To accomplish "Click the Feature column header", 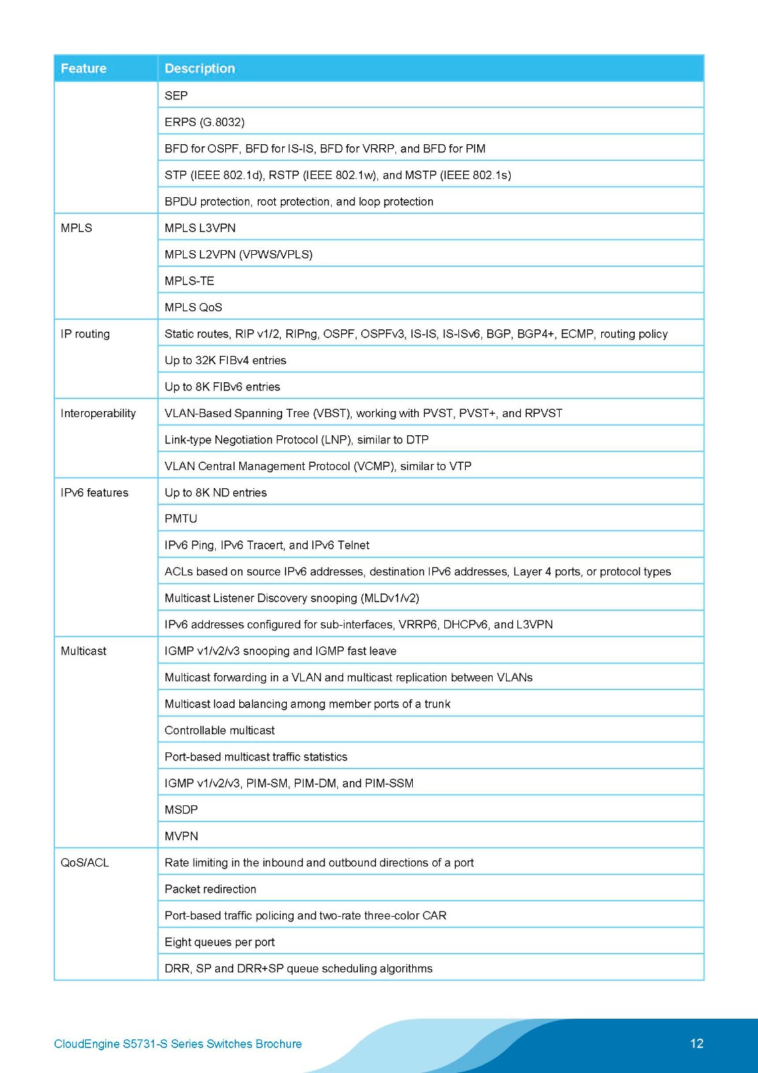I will click(x=84, y=68).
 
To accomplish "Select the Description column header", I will click(x=200, y=68).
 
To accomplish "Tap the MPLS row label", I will click(x=76, y=228).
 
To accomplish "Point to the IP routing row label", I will click(x=85, y=334).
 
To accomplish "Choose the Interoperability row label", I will click(x=98, y=413).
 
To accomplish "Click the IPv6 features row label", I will click(x=94, y=493).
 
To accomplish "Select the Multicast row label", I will click(x=84, y=651).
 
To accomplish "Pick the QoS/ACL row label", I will click(x=84, y=862).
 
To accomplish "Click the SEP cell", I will click(x=176, y=96).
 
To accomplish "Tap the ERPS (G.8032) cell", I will click(x=204, y=122).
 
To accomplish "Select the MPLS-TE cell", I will click(x=190, y=281).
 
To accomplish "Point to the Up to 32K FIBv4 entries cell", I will click(x=225, y=360).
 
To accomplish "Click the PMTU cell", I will click(x=181, y=518).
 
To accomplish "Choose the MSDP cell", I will click(x=181, y=809).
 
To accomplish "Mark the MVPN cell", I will click(x=182, y=836).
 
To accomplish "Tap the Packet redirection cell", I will click(x=210, y=889).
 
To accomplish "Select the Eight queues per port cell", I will click(x=220, y=942).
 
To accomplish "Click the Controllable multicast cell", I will click(x=220, y=730).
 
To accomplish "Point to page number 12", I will click(x=696, y=1043).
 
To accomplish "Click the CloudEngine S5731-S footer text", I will click(x=178, y=1044).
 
